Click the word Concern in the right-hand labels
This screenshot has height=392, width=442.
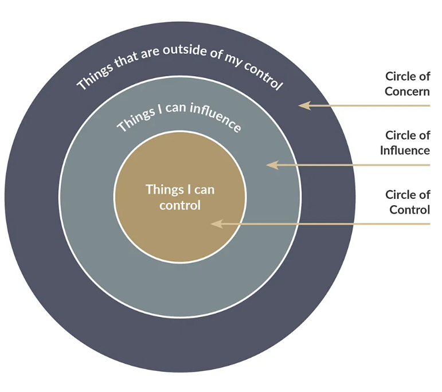[x=407, y=91]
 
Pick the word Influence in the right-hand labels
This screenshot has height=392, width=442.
[x=405, y=150]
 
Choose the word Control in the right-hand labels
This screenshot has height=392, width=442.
[x=409, y=210]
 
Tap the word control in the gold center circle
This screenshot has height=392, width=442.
[x=180, y=205]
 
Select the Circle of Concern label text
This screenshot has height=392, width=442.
[x=407, y=84]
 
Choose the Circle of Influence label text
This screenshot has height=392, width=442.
[x=405, y=143]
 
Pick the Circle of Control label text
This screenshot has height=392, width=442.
[x=408, y=202]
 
